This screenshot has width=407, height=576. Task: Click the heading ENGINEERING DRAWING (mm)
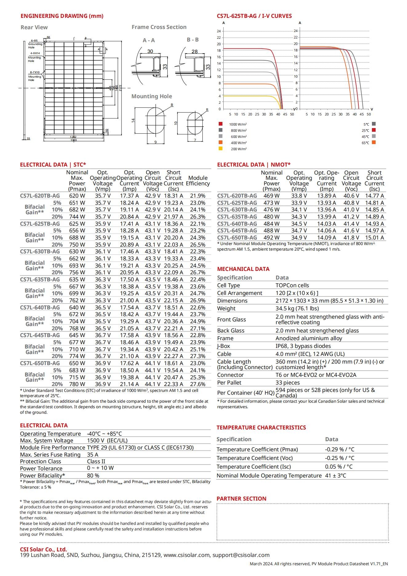62,16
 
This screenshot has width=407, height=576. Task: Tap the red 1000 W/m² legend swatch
221,124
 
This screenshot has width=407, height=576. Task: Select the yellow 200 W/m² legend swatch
221,148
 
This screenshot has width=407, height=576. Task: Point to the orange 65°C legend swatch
374,142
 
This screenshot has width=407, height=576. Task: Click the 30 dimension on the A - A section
150,51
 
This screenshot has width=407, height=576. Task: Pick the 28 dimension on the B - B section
195,51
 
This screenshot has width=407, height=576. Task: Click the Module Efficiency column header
198,181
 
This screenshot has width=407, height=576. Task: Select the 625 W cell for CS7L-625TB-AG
77,224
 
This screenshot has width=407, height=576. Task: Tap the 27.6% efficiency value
198,384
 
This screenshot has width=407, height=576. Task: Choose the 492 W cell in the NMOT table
272,238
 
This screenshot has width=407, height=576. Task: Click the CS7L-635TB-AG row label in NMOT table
237,217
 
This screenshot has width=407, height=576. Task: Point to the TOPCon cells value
292,285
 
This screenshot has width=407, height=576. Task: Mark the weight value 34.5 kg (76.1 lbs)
297,308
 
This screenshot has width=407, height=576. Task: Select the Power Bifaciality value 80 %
93,476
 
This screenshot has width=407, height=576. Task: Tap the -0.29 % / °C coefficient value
340,449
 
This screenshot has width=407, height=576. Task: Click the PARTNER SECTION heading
241,499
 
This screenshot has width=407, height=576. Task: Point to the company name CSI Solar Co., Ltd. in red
43,550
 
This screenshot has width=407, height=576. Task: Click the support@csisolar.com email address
241,555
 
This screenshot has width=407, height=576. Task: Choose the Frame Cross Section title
159,27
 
